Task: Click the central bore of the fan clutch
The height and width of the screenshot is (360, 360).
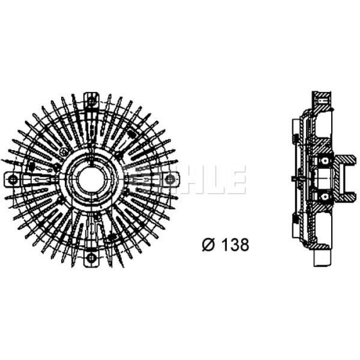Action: [x=92, y=179]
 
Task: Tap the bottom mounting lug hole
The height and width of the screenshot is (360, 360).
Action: [x=92, y=257]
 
